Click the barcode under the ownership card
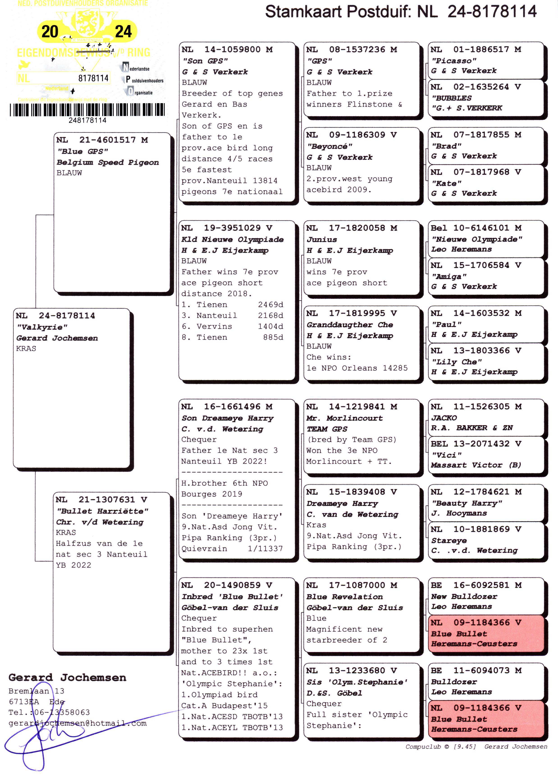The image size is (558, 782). coord(87,110)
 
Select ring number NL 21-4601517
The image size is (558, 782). coord(102,140)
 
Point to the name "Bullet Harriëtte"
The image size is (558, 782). coord(102,511)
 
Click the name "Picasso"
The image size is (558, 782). coord(454,61)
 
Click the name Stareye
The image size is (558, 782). coord(449,540)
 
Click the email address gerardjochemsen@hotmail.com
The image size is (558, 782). coord(78,723)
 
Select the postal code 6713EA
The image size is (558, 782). coord(24,701)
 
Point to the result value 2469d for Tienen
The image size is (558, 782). coord(270,305)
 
